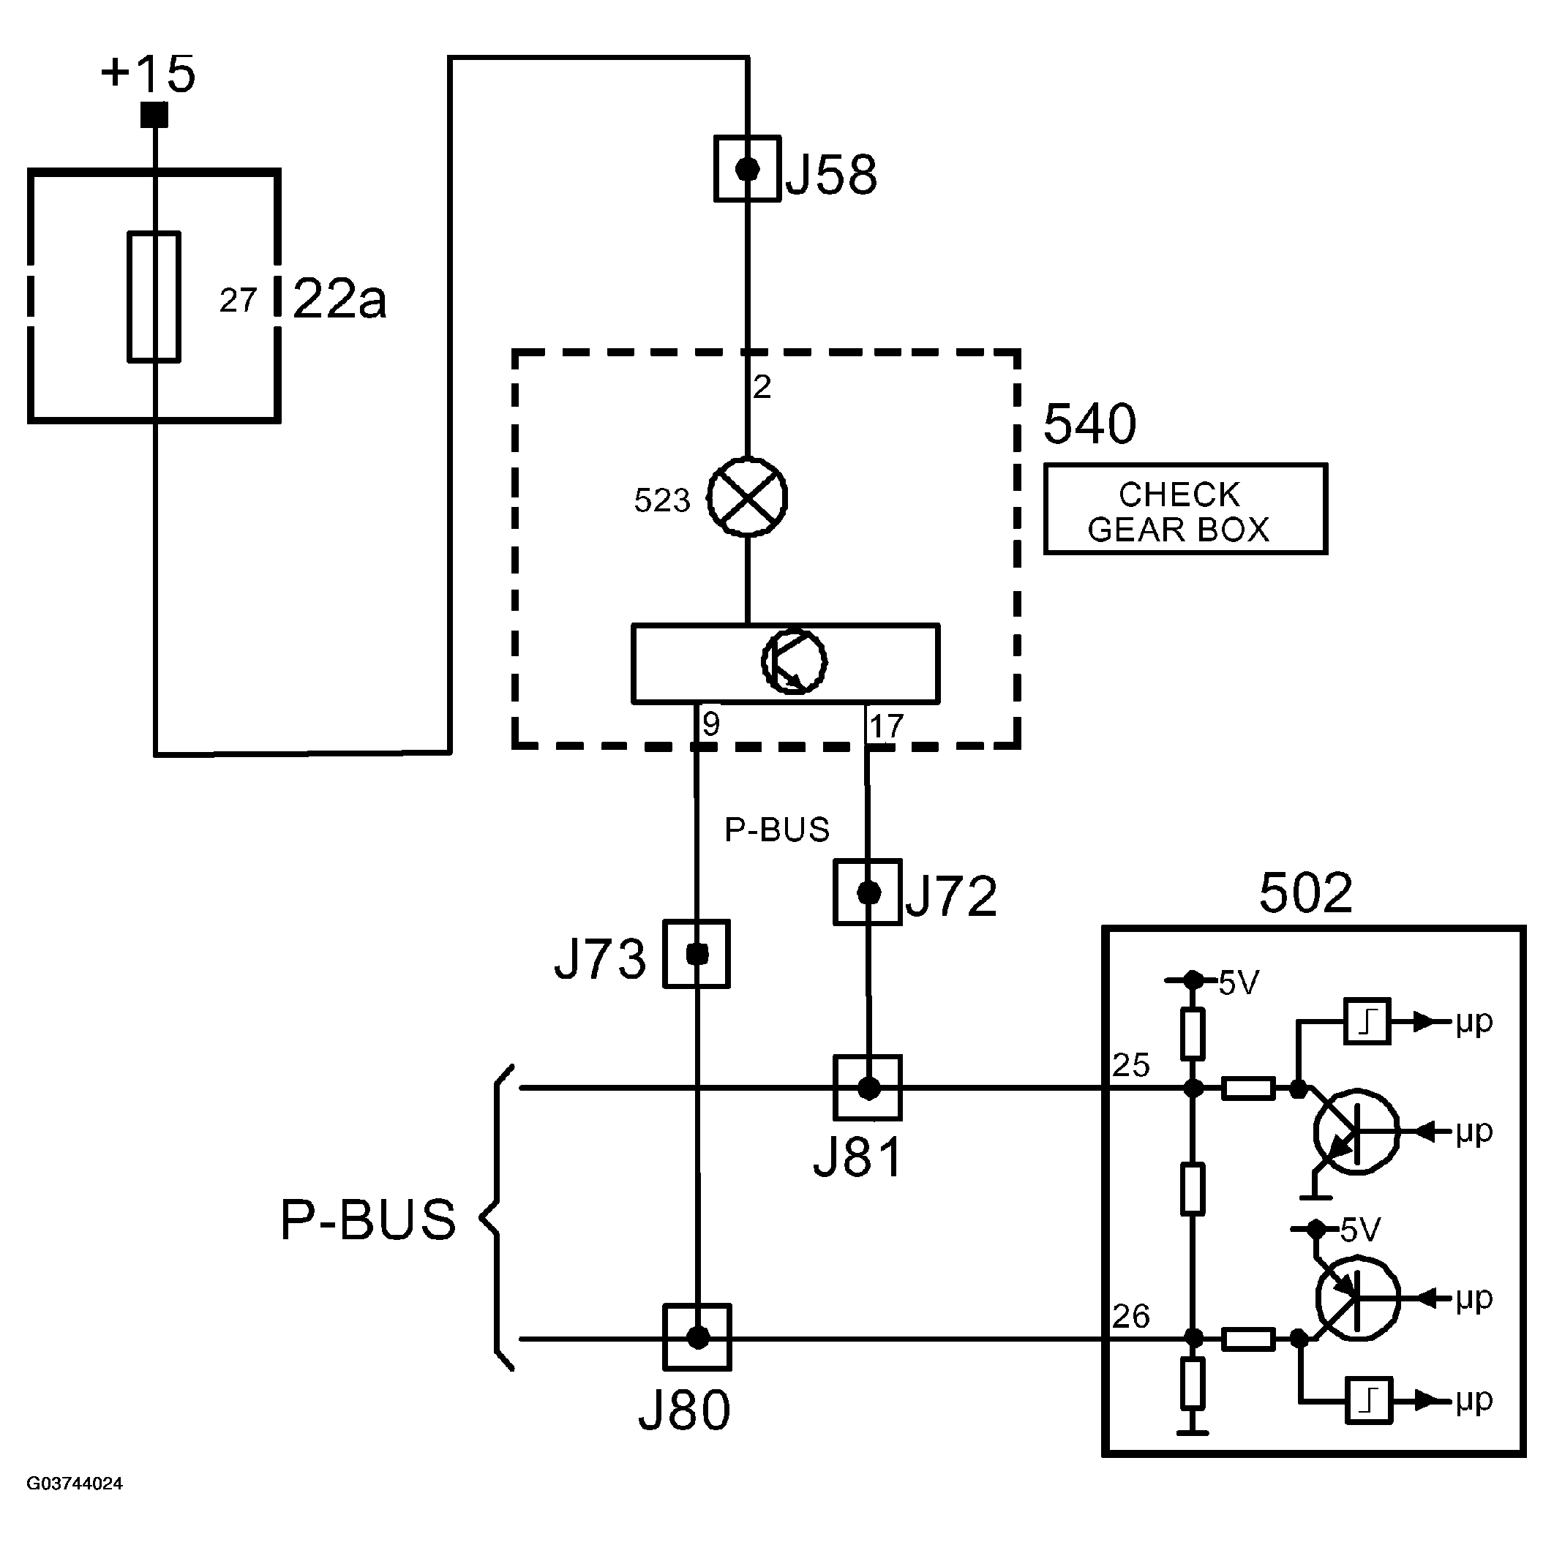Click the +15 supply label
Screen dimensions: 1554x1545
148,74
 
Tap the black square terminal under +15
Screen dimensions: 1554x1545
154,115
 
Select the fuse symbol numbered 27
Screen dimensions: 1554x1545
154,297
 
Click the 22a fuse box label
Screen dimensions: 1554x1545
339,299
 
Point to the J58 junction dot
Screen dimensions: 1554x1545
747,169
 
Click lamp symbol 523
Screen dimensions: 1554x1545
747,497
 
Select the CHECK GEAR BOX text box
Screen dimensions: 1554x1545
1185,509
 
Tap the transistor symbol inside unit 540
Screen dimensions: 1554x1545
794,661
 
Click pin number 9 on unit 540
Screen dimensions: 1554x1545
711,725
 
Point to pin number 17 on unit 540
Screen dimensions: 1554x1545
887,727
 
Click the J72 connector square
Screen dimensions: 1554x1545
868,892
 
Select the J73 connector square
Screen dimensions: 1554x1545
697,954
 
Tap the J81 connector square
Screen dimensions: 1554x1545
868,1089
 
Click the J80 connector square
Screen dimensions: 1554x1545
697,1337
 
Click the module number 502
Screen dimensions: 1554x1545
1305,892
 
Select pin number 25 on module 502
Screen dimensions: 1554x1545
1131,1066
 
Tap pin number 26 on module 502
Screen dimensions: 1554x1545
1131,1317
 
